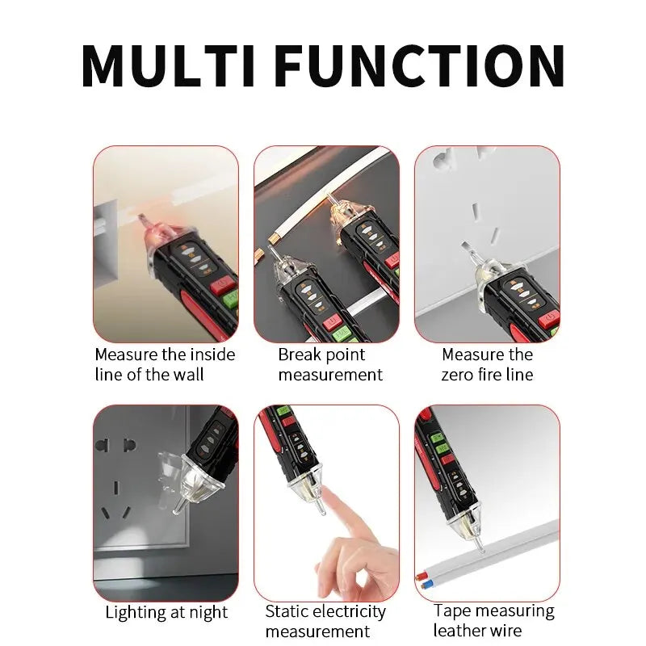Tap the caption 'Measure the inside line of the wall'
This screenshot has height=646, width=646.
[x=165, y=364]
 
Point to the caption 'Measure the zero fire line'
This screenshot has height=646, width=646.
[x=487, y=364]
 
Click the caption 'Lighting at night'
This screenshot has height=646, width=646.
[x=166, y=612]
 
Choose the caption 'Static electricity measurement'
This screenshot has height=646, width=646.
[x=325, y=621]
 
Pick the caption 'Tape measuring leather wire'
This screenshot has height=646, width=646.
[x=493, y=620]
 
